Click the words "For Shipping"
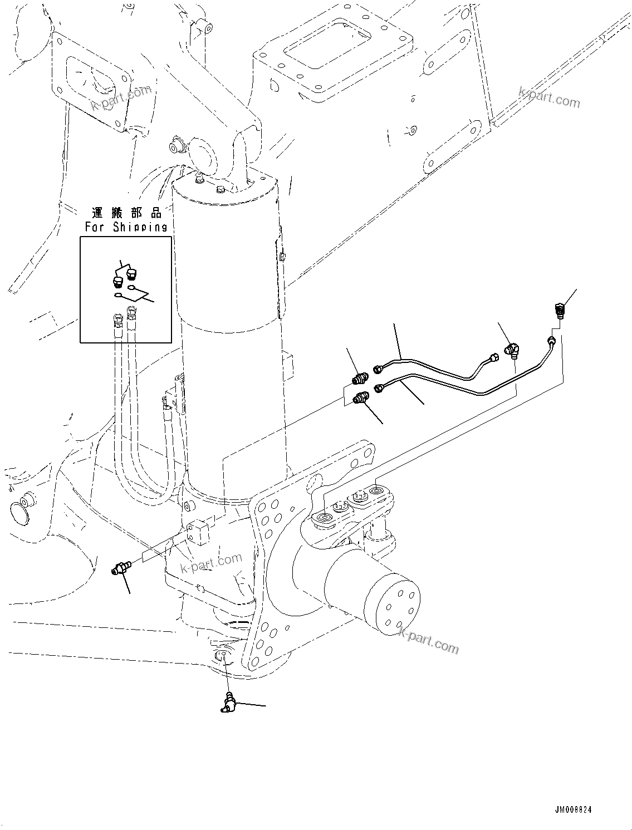(x=126, y=227)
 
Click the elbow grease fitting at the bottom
(x=227, y=703)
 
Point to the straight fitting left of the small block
(x=120, y=568)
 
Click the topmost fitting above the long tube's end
(x=559, y=308)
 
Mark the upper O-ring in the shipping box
(x=131, y=288)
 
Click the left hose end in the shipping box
(x=117, y=321)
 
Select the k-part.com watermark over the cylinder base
(x=212, y=563)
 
